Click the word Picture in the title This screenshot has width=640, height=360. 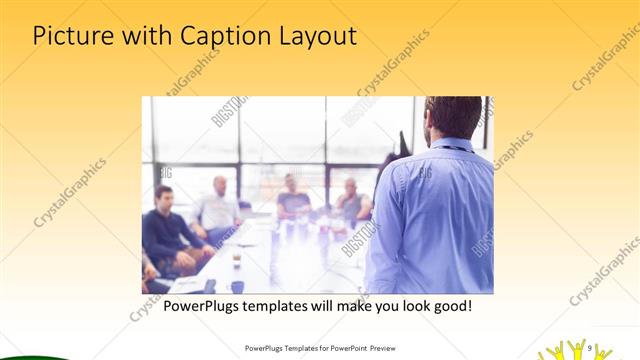70,37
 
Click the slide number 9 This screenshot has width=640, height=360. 590,348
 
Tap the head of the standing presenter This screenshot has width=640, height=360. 454,118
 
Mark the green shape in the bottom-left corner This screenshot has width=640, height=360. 30,355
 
